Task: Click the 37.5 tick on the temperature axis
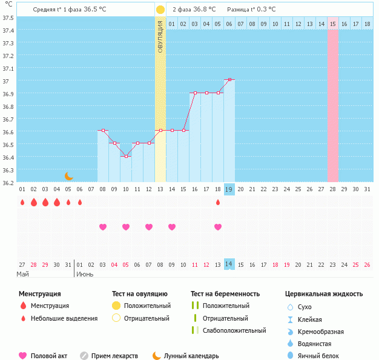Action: point(8,18)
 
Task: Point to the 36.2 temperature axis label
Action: point(8,182)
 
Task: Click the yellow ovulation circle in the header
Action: point(160,10)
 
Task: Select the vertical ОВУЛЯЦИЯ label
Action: point(160,36)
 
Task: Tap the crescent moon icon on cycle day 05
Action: point(68,176)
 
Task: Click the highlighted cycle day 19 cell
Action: point(229,189)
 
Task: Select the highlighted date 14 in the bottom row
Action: point(229,264)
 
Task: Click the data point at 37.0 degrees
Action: point(229,80)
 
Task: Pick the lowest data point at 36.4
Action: point(126,156)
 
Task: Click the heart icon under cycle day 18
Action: point(218,227)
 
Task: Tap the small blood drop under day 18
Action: point(218,202)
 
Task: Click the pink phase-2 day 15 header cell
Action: point(333,24)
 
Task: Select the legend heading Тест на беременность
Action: point(225,294)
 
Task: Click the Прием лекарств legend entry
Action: point(114,356)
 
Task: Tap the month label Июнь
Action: point(84,274)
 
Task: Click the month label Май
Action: point(22,274)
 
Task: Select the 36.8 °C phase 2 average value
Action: point(206,10)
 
